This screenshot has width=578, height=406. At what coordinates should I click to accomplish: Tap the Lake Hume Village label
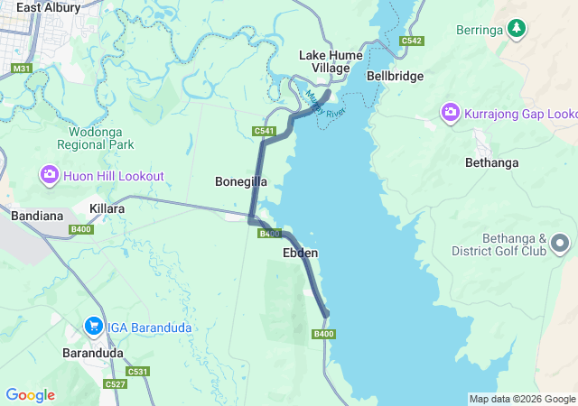coord(331,61)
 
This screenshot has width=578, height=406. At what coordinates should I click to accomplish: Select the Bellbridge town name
coord(395,77)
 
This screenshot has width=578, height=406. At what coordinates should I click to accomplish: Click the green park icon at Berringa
coord(516,29)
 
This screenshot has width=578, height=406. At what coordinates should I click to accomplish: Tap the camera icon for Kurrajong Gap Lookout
coord(450,114)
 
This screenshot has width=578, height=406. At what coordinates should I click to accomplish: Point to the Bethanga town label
coord(492,163)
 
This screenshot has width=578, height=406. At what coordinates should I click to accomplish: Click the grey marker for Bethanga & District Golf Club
coord(560,243)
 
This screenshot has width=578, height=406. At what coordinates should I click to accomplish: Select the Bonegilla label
coord(240,181)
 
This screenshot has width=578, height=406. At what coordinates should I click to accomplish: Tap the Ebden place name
coord(300,254)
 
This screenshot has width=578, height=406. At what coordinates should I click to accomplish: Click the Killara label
coord(107,208)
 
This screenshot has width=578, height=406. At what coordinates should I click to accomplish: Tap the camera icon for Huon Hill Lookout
coord(49,176)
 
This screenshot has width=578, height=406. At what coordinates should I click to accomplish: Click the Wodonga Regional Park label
coord(96,137)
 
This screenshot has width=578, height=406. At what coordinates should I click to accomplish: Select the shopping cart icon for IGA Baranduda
coord(93,327)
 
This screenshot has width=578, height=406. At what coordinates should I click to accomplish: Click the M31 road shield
coord(21,69)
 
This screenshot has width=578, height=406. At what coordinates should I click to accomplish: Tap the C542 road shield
coord(411,41)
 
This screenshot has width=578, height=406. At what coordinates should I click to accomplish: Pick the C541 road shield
coord(264,132)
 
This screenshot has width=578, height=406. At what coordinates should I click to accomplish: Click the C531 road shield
coord(137,372)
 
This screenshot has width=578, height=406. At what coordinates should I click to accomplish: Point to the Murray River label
coord(325,106)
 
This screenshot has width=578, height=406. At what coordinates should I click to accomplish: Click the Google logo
coord(30,395)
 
